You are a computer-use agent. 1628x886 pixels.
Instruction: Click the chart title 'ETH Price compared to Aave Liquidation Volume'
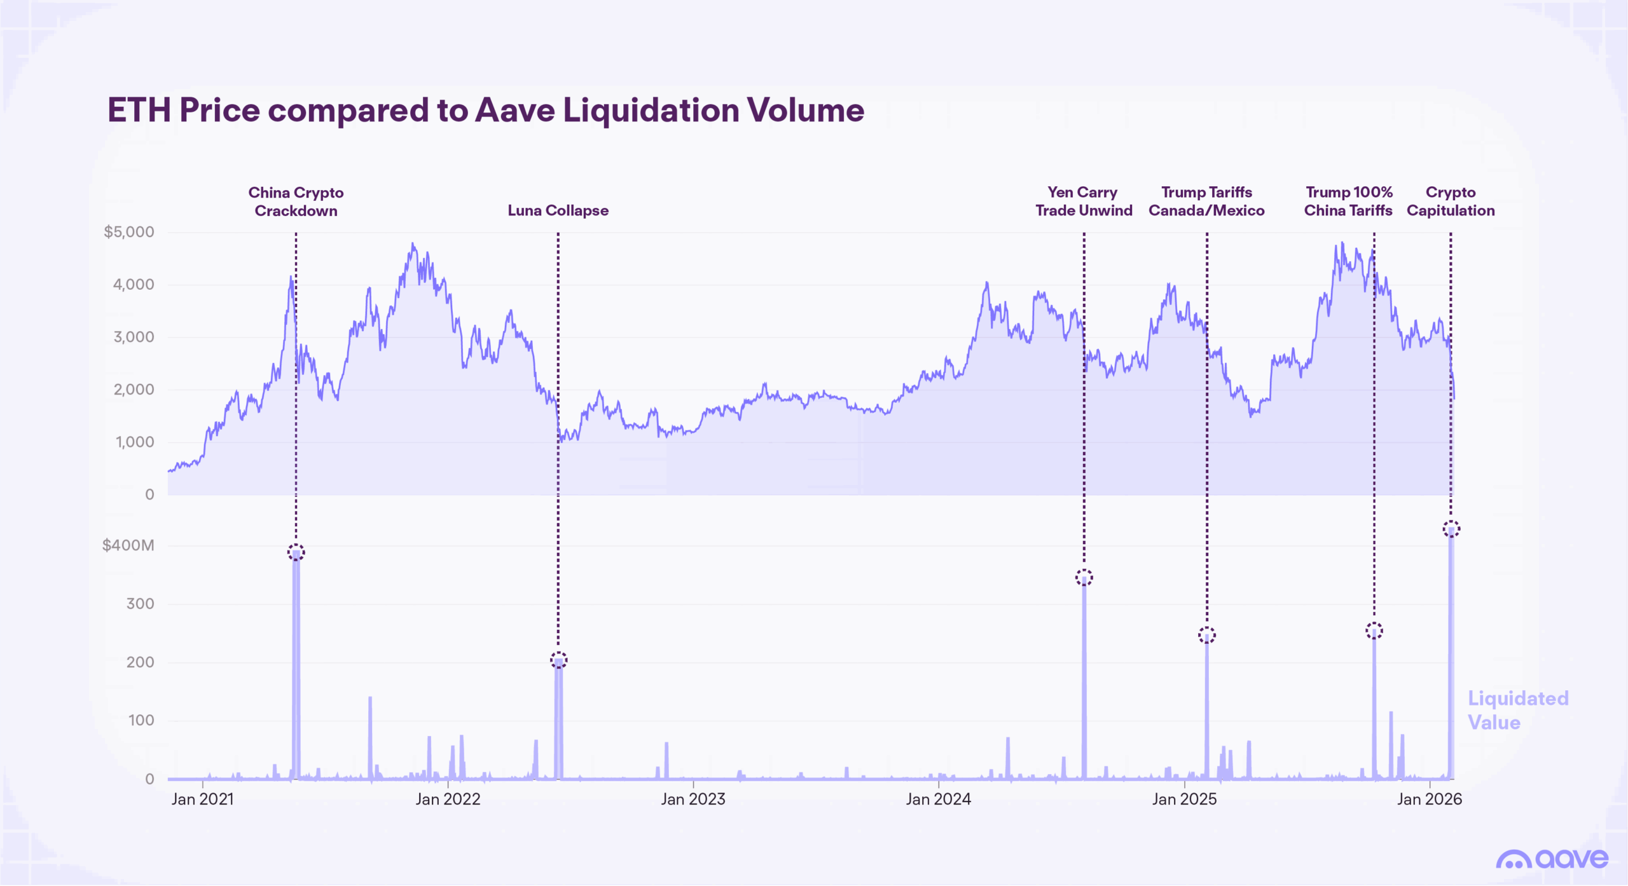coord(485,110)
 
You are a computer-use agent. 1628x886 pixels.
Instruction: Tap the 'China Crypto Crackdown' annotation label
coord(296,201)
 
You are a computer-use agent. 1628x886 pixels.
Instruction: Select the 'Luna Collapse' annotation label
coord(558,210)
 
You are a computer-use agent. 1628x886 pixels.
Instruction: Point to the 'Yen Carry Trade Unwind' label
coord(1084,201)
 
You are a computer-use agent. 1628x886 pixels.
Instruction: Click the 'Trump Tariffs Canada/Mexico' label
coord(1206,201)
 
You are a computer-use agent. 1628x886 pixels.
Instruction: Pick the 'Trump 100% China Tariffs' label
coord(1348,201)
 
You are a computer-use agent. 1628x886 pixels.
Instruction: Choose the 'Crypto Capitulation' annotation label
coord(1451,201)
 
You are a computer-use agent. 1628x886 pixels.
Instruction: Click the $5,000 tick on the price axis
coord(129,232)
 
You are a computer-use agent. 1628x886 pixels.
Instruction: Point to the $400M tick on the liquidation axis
coord(128,545)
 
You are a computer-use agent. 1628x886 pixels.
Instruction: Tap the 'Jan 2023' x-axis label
coord(693,799)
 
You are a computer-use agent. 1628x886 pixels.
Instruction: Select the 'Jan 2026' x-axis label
coord(1429,799)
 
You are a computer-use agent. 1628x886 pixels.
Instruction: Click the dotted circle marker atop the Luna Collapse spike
coord(558,660)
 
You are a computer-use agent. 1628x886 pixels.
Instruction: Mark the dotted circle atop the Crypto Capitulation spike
coord(1451,529)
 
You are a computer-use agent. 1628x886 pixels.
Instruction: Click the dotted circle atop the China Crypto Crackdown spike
coord(296,552)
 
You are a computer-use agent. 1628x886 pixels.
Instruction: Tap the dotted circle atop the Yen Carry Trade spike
coord(1084,578)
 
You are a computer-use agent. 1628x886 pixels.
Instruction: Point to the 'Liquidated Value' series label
coord(1517,711)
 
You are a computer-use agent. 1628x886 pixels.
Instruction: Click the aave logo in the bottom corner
coord(1552,859)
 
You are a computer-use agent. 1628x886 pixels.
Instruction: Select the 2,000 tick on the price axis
coord(134,390)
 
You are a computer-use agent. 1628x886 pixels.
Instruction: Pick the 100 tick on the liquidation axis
coord(141,720)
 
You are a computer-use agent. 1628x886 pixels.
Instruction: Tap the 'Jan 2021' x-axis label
coord(202,799)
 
